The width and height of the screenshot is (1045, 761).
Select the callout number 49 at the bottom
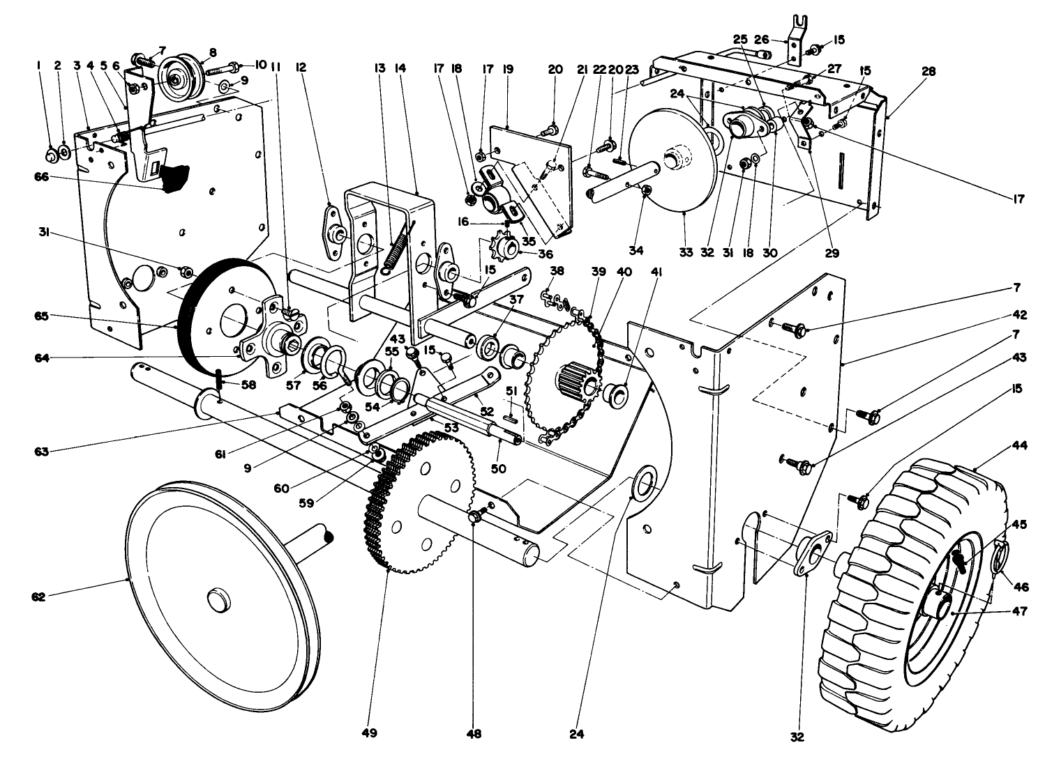pyautogui.click(x=369, y=732)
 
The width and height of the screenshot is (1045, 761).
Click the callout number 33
pyautogui.click(x=686, y=252)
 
